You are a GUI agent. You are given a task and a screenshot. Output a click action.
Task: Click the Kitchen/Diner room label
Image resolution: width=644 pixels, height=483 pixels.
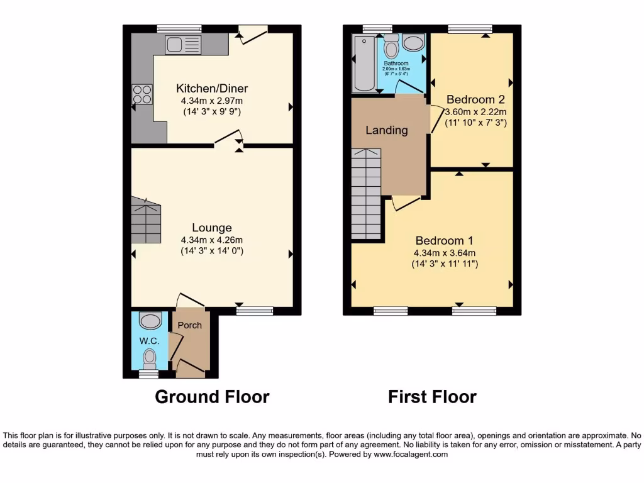point(212,88)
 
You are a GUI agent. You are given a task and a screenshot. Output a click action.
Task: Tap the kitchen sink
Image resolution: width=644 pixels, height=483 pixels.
point(182,44)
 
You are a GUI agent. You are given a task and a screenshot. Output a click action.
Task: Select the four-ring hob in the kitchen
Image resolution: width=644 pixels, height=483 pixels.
point(142,94)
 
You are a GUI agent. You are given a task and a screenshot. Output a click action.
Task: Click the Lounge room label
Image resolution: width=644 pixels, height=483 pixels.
point(212,228)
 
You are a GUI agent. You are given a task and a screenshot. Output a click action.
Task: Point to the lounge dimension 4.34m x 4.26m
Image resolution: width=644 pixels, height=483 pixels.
point(212,240)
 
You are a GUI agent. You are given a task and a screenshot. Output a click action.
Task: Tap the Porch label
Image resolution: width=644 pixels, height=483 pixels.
point(190,325)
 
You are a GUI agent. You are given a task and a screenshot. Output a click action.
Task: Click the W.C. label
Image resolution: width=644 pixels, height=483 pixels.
point(148,341)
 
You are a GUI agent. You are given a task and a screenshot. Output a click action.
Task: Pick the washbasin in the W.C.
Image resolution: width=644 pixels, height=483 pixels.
point(150,321)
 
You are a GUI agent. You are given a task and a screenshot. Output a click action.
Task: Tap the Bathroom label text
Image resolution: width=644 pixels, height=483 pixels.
point(396,64)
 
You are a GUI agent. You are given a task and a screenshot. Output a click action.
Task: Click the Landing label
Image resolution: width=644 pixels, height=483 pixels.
point(387,130)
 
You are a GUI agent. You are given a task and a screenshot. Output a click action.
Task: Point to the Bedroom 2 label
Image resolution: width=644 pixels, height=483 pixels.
point(475,99)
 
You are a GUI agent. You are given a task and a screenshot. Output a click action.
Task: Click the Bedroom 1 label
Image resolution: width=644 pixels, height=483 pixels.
point(445,240)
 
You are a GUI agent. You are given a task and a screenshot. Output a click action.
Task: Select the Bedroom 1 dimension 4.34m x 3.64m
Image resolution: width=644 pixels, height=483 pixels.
point(445,253)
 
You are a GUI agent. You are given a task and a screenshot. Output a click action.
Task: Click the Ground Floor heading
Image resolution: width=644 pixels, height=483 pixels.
point(212,397)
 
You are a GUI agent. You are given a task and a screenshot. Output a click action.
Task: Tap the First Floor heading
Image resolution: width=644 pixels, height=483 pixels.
point(432,397)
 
